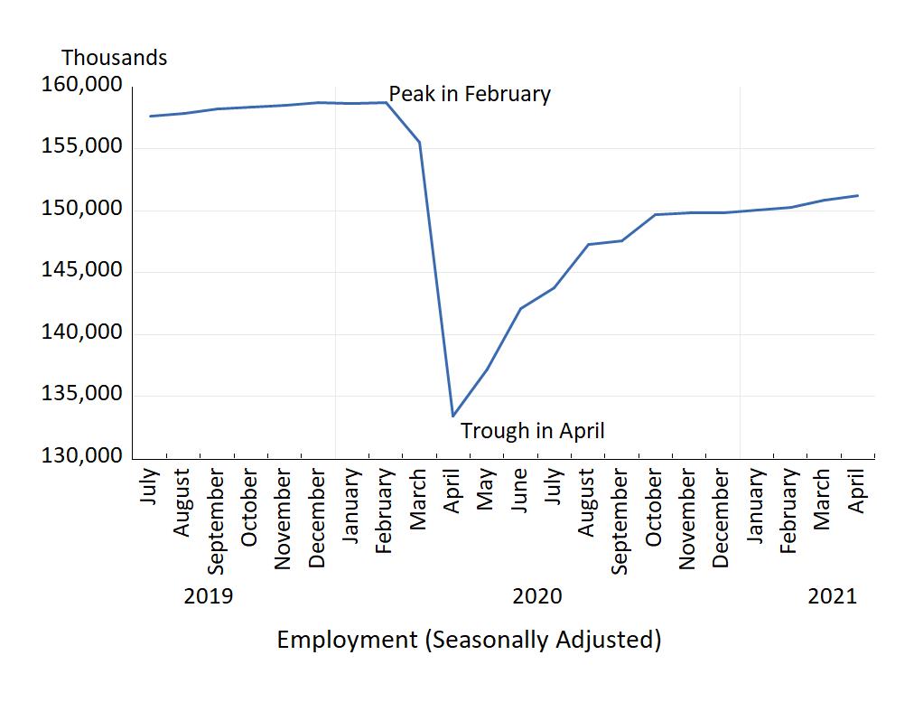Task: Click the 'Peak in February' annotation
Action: [x=469, y=94]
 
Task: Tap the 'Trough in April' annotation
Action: [x=532, y=431]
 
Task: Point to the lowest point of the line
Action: [x=452, y=417]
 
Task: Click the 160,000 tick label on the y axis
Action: [x=81, y=86]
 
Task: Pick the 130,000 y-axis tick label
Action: [x=81, y=456]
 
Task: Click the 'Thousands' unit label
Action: [x=114, y=58]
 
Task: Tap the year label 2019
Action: [x=208, y=596]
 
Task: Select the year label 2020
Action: [x=536, y=596]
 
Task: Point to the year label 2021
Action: [x=831, y=596]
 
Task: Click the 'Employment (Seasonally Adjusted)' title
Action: [x=469, y=640]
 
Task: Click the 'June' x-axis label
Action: [x=520, y=491]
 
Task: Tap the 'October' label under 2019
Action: [x=250, y=508]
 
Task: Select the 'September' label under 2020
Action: [x=620, y=521]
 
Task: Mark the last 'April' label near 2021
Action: [x=857, y=491]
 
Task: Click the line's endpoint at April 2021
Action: [x=857, y=195]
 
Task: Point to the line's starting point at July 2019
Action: [x=150, y=116]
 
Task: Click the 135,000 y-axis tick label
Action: [x=81, y=395]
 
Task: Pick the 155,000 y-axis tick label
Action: [x=81, y=147]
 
